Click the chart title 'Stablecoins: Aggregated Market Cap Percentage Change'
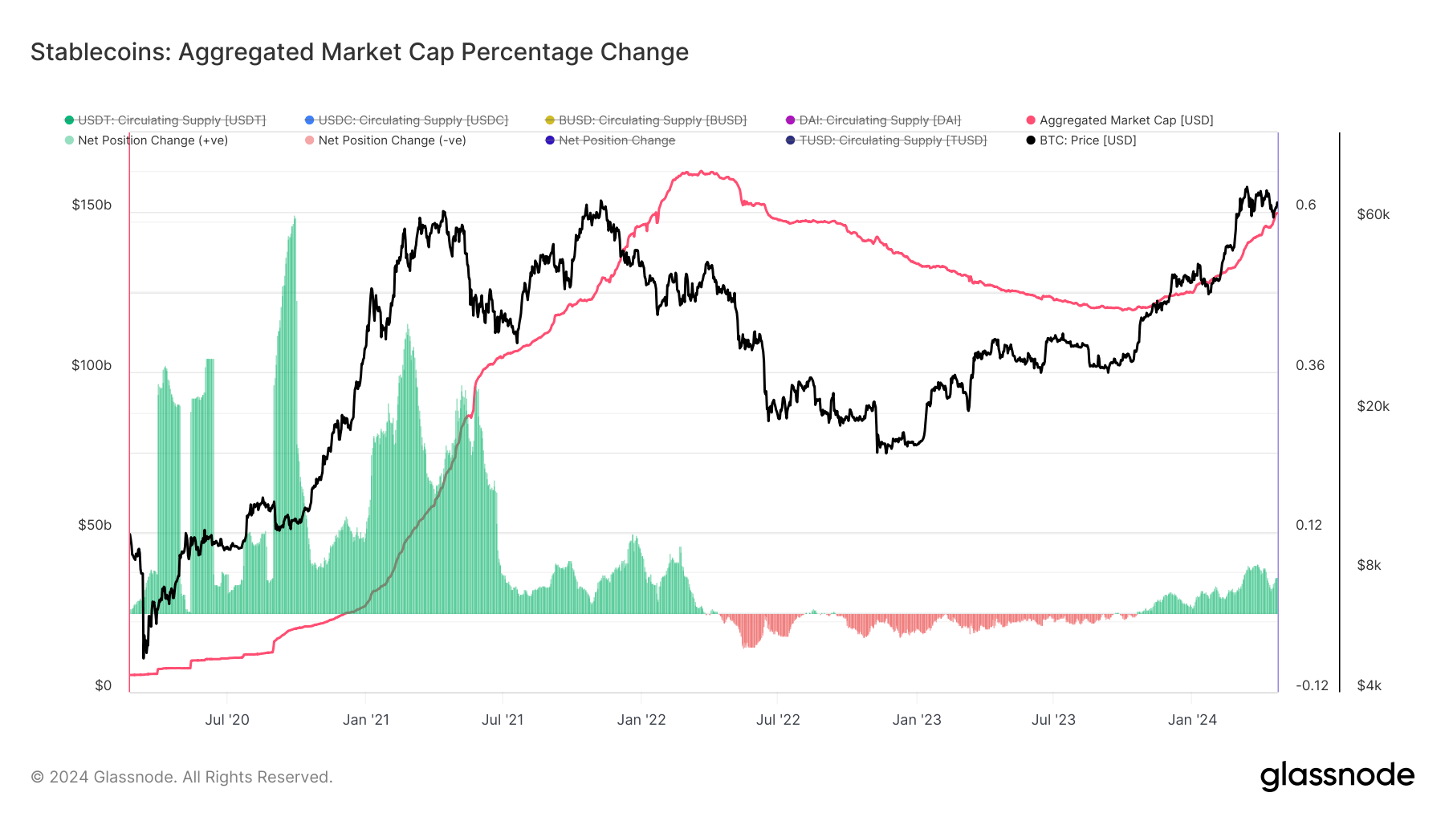[359, 52]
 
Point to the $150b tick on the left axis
[92, 205]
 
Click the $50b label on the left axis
[95, 525]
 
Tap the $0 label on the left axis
[103, 685]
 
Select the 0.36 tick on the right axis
[1310, 365]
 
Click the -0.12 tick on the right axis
[1312, 685]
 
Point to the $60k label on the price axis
[1373, 214]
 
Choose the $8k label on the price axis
[1369, 565]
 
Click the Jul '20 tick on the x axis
[227, 720]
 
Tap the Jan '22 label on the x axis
[641, 720]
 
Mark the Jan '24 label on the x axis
[1192, 720]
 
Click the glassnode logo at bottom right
[1337, 776]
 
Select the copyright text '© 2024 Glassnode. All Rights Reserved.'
[181, 777]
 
